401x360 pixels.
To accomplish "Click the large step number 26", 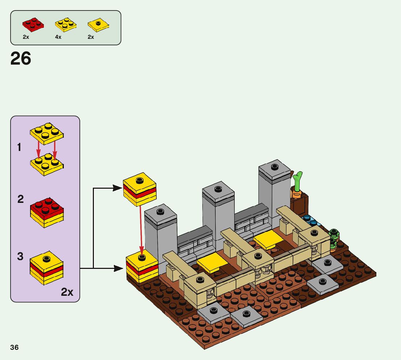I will (21, 58).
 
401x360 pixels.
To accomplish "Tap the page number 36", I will (15, 347).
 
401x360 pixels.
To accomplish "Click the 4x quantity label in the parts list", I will (58, 37).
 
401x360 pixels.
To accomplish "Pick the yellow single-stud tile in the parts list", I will (98, 24).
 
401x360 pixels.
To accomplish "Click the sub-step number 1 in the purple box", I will (19, 148).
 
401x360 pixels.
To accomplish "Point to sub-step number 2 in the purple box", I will (21, 199).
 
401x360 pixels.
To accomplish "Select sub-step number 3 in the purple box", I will (20, 257).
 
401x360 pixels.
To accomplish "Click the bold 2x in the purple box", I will (67, 292).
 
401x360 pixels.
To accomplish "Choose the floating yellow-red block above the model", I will (140, 189).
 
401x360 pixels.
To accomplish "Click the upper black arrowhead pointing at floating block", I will (117, 188).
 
